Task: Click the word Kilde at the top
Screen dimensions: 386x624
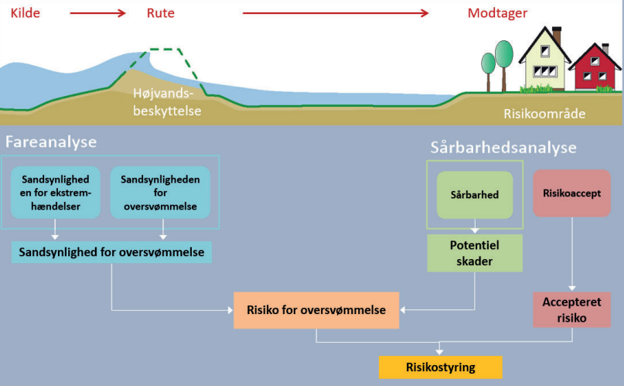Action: click(x=25, y=12)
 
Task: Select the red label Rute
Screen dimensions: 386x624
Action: click(x=160, y=12)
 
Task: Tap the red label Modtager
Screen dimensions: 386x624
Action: click(x=497, y=12)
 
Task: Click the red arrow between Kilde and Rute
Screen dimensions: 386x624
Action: click(x=98, y=13)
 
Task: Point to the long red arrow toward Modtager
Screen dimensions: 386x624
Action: click(x=336, y=13)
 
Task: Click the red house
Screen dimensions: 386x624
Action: click(x=596, y=69)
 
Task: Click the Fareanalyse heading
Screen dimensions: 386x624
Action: click(x=51, y=142)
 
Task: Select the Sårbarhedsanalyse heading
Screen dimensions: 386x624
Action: click(x=503, y=147)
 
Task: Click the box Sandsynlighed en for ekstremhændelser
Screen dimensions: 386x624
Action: click(x=56, y=192)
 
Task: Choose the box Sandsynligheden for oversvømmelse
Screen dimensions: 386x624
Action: click(x=161, y=192)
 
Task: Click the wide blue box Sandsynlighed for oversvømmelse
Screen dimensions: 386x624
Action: click(x=111, y=253)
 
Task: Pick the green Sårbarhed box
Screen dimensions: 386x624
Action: click(x=475, y=194)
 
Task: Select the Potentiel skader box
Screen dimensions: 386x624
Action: click(x=475, y=253)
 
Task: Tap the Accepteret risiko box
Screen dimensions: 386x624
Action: click(x=571, y=309)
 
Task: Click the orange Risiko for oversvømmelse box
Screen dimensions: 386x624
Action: click(x=315, y=310)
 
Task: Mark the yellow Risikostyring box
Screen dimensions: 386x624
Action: click(x=440, y=367)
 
